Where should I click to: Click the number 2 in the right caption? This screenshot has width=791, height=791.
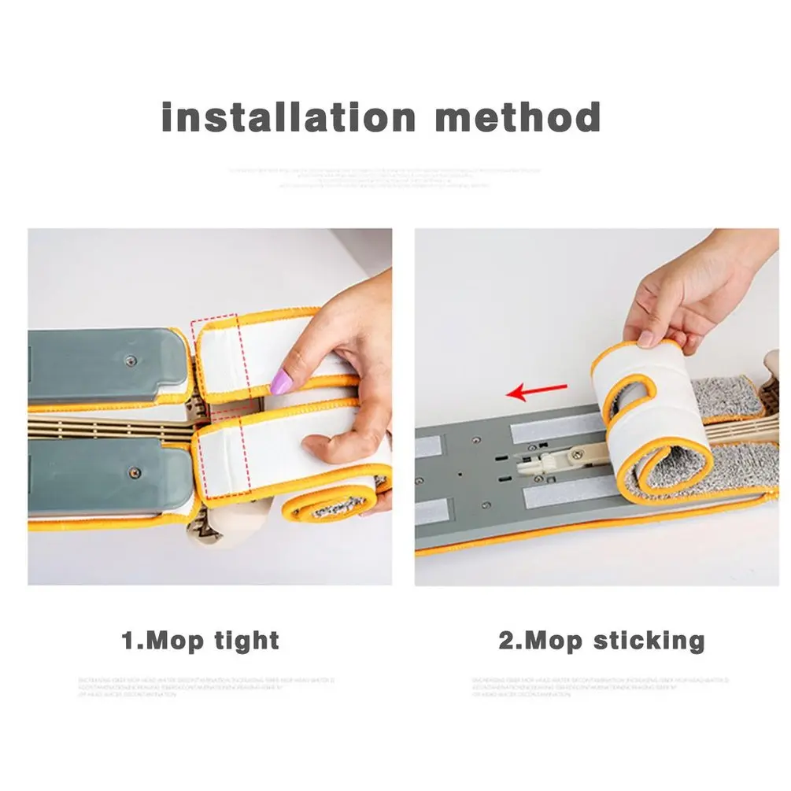505,640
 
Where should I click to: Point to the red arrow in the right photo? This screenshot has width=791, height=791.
537,390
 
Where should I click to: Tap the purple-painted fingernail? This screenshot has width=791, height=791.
281,383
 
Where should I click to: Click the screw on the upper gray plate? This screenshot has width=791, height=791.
131,360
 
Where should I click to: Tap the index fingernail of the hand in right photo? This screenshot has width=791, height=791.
646,338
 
